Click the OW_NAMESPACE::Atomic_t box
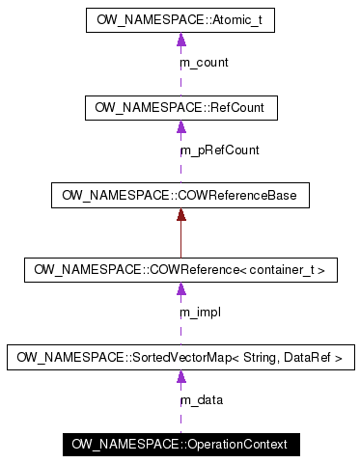[180, 19]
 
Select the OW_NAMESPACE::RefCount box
[180, 107]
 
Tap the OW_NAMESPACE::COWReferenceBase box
[180, 195]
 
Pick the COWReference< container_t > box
[180, 270]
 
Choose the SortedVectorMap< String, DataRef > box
[180, 358]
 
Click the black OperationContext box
[180, 445]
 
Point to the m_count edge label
[204, 63]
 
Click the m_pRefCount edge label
[219, 150]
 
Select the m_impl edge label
[201, 313]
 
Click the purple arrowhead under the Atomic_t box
[180, 40]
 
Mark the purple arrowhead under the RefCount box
[180, 127]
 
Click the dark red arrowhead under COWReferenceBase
[180, 215]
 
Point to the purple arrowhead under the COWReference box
[180, 290]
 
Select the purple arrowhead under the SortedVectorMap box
[180, 378]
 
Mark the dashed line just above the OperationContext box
[180, 422]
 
